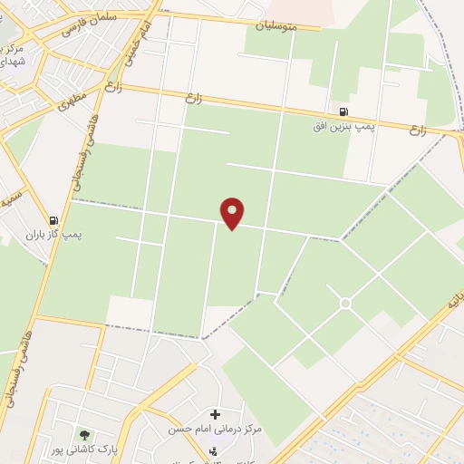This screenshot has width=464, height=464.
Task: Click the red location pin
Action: [x=233, y=213]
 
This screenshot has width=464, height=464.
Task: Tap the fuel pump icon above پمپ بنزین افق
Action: [x=343, y=111]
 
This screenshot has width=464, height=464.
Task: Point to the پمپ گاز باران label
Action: [x=53, y=233]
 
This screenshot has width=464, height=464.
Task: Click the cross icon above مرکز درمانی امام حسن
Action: [x=215, y=413]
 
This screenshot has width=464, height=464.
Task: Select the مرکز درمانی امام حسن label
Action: [x=215, y=427]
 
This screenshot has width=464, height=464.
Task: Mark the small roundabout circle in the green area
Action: [x=344, y=302]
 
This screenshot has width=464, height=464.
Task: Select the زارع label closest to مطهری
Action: [x=113, y=88]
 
